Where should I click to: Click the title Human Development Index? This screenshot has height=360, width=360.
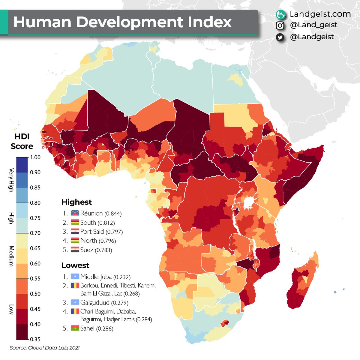pyautogui.click(x=122, y=22)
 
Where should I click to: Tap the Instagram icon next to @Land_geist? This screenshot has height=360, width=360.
pyautogui.click(x=280, y=25)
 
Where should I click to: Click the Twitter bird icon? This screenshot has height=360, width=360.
pyautogui.click(x=280, y=37)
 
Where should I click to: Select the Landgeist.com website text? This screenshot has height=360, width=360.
pyautogui.click(x=320, y=14)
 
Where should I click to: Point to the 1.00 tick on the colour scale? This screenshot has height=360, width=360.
pyautogui.click(x=35, y=157)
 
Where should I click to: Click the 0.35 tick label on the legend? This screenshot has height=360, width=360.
pyautogui.click(x=35, y=339)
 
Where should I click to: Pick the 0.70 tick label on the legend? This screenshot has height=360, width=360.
pyautogui.click(x=35, y=233)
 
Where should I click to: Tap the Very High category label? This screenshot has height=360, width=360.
pyautogui.click(x=11, y=180)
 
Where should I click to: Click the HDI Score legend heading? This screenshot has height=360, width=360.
pyautogui.click(x=22, y=142)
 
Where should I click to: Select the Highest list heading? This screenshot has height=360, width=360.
pyautogui.click(x=76, y=202)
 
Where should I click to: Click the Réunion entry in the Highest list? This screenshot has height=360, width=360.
pyautogui.click(x=91, y=213)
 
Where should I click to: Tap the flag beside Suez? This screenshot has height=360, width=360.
pyautogui.click(x=75, y=250)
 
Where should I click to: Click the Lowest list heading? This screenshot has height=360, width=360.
pyautogui.click(x=75, y=265)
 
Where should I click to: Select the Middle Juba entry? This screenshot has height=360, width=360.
pyautogui.click(x=96, y=277)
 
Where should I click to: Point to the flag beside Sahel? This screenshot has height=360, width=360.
pyautogui.click(x=75, y=328)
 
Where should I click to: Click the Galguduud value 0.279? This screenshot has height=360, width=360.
pyautogui.click(x=120, y=303)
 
